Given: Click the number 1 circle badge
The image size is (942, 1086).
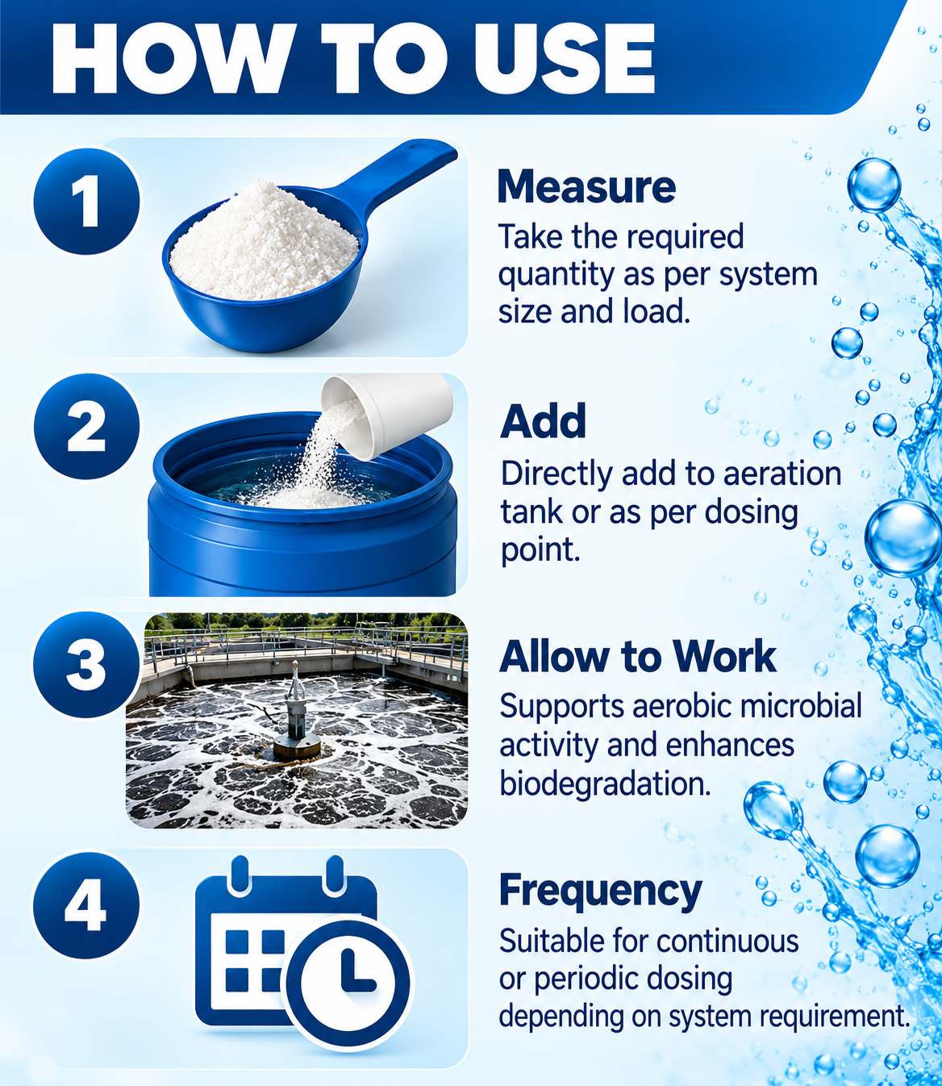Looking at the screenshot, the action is (86, 201).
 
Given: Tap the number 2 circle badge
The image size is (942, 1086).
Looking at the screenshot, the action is (86, 426).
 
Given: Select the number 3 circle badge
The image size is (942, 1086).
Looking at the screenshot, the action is (86, 665).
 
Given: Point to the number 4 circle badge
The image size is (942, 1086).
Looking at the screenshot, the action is (86, 905).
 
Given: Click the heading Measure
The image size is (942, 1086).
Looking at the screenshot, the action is (586, 187).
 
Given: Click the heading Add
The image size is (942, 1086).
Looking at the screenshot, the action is (543, 421).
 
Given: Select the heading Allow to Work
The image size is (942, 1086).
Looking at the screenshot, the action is (638, 657).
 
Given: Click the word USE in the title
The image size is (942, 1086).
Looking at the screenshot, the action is (564, 58).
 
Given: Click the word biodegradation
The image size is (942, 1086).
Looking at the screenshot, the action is (605, 783).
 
